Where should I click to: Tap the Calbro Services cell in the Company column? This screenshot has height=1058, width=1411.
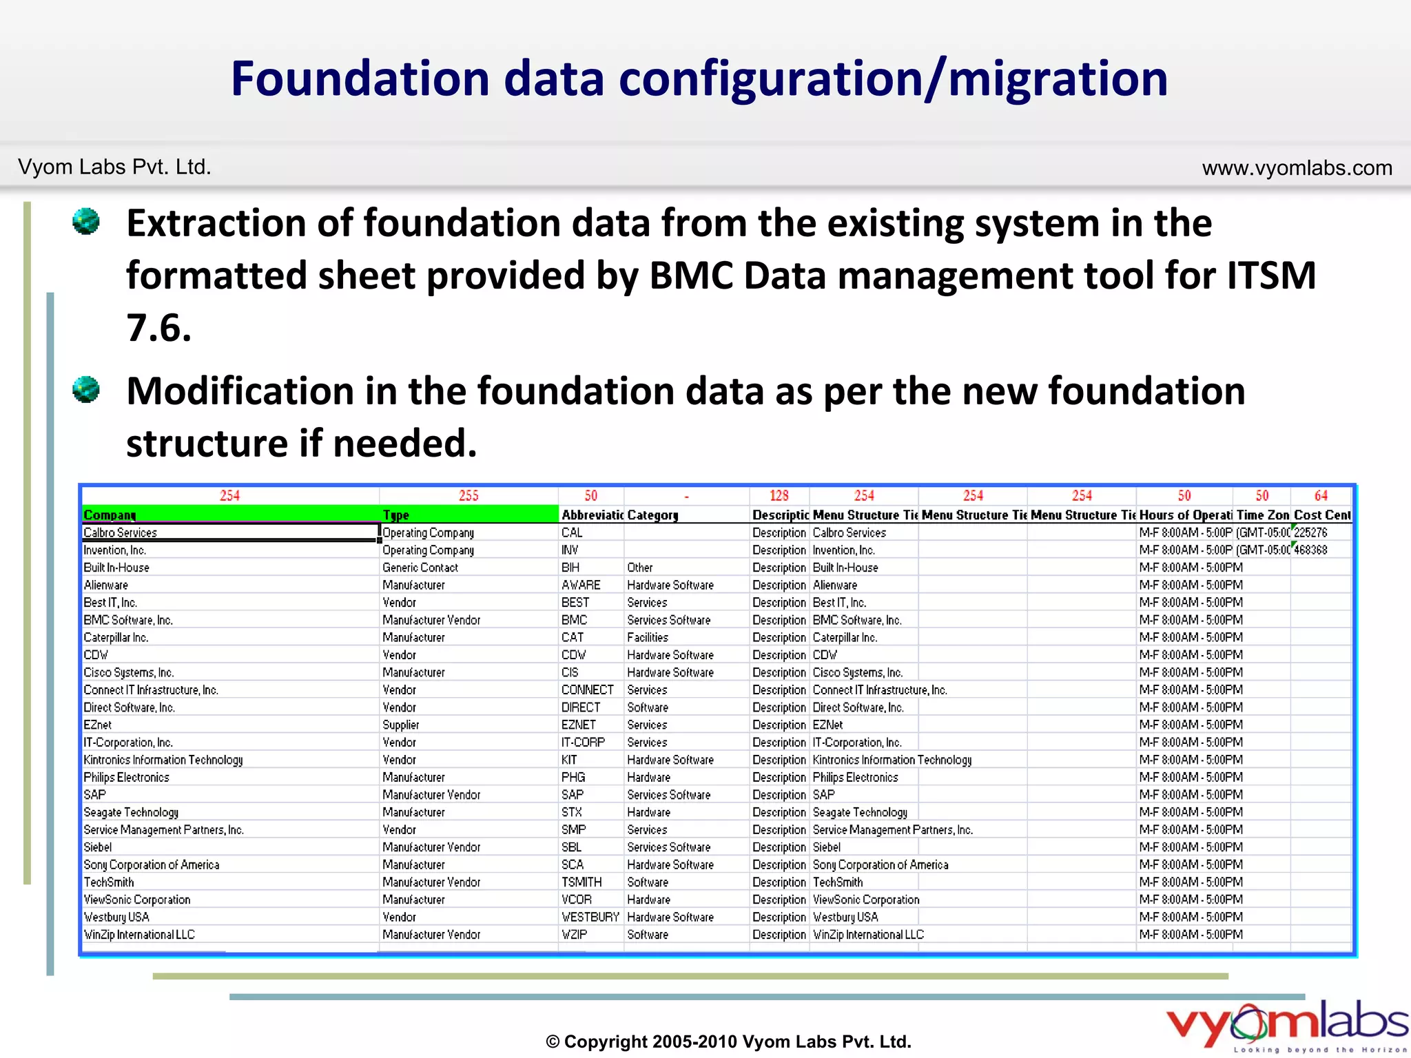pos(121,532)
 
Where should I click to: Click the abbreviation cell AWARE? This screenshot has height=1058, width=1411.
pos(581,585)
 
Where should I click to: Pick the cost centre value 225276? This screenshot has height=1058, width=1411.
pos(1310,532)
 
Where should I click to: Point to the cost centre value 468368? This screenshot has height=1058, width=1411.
pos(1310,550)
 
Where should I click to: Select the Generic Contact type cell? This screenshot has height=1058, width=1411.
pos(420,568)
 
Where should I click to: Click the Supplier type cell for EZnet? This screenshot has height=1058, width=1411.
pos(401,725)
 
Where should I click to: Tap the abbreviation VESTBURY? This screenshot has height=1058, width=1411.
pos(590,917)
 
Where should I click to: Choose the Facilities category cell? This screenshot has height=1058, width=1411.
pos(648,637)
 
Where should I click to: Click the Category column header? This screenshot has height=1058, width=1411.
pos(652,515)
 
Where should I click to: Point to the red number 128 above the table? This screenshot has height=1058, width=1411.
pos(779,495)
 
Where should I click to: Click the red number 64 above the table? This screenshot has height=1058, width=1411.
pos(1321,495)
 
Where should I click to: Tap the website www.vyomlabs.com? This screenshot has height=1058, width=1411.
pos(1297,167)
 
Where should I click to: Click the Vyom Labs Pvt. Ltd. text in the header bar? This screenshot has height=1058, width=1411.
pos(114,167)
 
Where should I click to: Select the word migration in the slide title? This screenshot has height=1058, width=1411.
pos(1058,79)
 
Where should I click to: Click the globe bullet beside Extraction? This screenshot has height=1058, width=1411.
pos(86,222)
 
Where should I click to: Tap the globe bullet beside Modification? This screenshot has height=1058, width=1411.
pos(86,390)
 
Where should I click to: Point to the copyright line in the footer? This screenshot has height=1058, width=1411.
pos(728,1041)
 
